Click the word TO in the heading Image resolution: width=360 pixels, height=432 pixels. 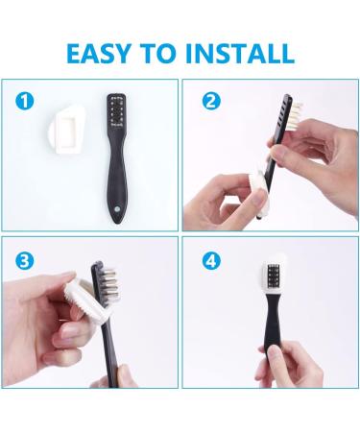(x=158, y=53)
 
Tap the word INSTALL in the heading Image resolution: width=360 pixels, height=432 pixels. (x=240, y=53)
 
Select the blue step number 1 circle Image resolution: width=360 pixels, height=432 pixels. (x=25, y=102)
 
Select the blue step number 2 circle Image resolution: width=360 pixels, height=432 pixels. (x=211, y=102)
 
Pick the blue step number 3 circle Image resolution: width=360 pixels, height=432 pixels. (x=25, y=261)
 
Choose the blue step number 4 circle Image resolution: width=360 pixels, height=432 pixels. (x=211, y=261)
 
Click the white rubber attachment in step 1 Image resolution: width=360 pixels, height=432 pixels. (x=67, y=130)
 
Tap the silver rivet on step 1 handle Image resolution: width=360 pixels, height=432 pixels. (x=117, y=209)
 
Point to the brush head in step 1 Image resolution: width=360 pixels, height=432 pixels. (x=116, y=111)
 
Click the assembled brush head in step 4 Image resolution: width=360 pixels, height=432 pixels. (x=273, y=275)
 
